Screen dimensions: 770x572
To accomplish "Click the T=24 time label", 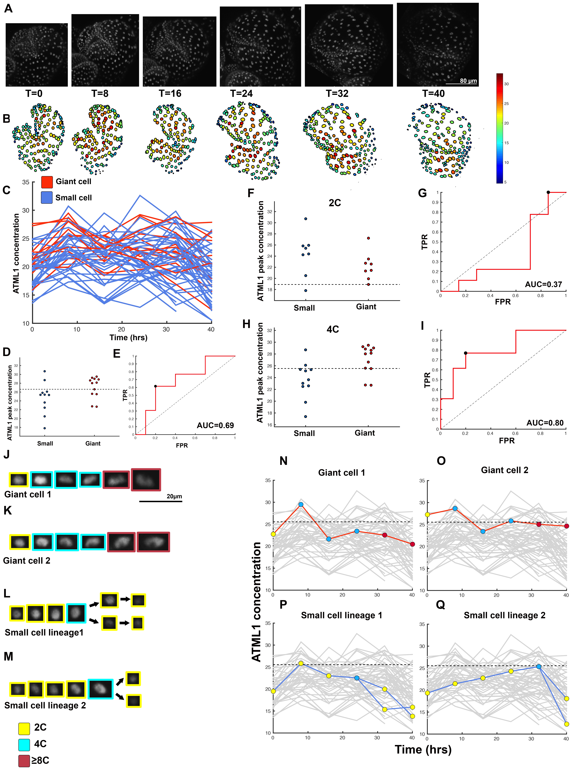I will tap(241, 93).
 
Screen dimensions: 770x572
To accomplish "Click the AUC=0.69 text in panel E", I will tap(215, 425).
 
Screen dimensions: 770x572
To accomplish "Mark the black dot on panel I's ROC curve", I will tap(466, 353).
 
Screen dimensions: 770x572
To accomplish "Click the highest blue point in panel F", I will tap(305, 219).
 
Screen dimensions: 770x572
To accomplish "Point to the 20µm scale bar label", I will tap(174, 496).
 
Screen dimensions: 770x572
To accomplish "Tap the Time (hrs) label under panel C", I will tap(128, 337).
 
